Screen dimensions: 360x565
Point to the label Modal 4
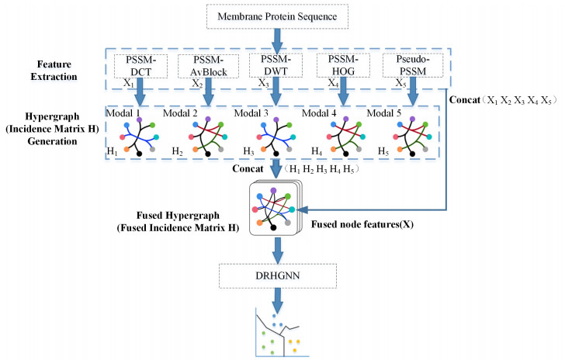tap(318, 113)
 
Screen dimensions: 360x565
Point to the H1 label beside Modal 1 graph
tap(113, 151)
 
